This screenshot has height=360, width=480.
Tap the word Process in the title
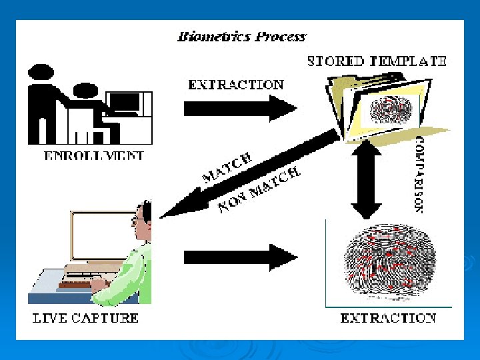pos(280,37)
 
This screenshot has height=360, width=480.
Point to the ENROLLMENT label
pos(94,157)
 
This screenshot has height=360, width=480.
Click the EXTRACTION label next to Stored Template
pos(236,85)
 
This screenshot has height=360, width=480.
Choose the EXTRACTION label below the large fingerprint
pos(388,318)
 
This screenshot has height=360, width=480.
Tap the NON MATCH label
pos(260,190)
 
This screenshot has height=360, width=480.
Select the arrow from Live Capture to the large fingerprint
pos(240,257)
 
